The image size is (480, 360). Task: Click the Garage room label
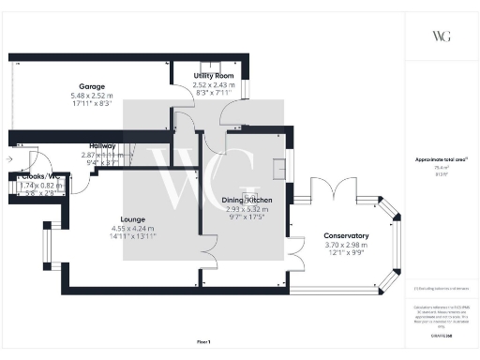[91, 85]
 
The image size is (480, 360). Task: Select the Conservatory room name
[346, 235]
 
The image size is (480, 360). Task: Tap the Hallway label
[102, 146]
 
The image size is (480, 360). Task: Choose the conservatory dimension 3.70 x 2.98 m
[346, 246]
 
